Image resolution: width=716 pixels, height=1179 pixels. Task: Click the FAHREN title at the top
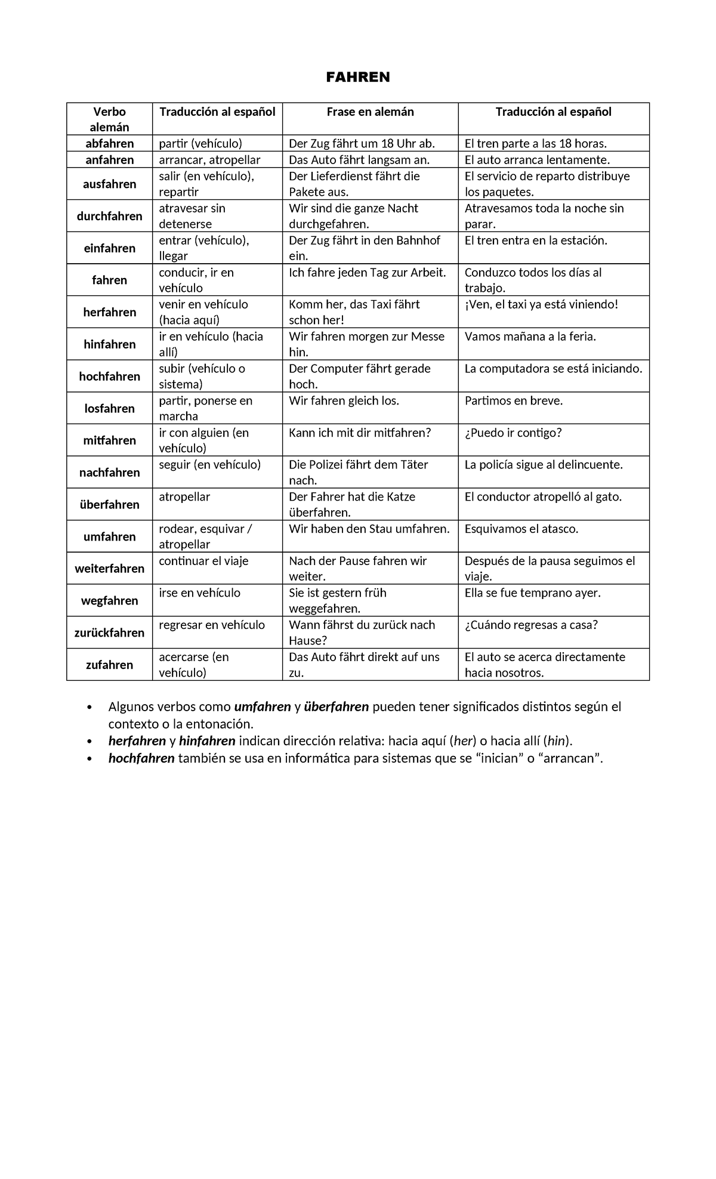click(358, 78)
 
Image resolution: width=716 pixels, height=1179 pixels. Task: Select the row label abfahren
click(109, 144)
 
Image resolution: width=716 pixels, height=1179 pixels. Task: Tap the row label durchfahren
click(109, 216)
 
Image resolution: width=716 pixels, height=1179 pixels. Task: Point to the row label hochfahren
click(109, 376)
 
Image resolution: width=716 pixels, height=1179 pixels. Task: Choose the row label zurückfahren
click(109, 633)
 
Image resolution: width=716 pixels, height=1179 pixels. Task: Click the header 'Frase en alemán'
click(370, 112)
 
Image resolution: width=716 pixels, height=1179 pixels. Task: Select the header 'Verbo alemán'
click(109, 119)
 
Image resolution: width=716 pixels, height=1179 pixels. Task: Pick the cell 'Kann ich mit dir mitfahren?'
click(360, 433)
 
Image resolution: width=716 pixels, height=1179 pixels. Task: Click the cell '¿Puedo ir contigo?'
click(513, 433)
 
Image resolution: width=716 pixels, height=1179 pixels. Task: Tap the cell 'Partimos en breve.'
click(514, 401)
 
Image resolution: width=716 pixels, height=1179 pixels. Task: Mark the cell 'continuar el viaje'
click(203, 561)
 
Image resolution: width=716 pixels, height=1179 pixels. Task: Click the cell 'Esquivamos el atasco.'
click(521, 529)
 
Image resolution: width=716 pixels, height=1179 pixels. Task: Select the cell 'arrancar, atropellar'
click(209, 160)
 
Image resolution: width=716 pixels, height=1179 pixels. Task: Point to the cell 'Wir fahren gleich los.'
click(344, 401)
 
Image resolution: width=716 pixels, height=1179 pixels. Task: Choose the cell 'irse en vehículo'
click(199, 593)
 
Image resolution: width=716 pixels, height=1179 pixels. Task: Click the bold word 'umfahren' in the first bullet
click(263, 707)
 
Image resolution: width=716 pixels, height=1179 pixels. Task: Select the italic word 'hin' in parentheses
click(556, 742)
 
